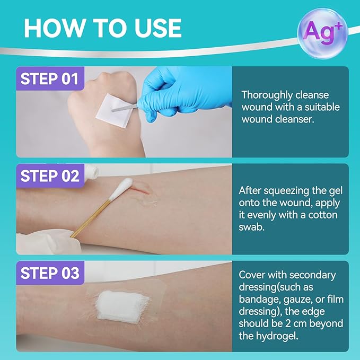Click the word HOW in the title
point(54,28)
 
